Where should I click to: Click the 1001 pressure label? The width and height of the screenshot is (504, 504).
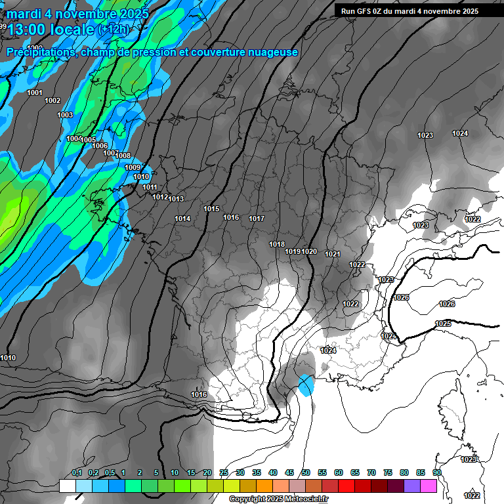tap(35, 93)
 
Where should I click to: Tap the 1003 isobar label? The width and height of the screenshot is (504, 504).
tap(65, 115)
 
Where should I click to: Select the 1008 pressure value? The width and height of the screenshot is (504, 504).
tap(123, 156)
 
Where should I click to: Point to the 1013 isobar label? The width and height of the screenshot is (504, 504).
tap(176, 199)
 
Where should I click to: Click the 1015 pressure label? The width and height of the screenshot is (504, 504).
tap(211, 209)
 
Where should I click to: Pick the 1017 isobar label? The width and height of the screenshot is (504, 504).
tap(257, 219)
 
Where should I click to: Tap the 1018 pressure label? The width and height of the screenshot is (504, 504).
tap(277, 244)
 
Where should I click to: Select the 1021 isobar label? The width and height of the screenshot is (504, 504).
tap(333, 254)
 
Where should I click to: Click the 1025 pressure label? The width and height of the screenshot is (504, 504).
tap(443, 324)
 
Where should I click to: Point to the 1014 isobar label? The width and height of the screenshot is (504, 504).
tap(182, 219)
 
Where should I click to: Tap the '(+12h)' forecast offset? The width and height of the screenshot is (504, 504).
tap(113, 30)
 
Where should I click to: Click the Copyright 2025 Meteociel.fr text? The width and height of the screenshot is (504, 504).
tap(278, 499)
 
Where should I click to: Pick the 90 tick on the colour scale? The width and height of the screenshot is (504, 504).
tap(436, 472)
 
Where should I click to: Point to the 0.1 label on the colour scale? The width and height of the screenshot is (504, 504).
tap(76, 472)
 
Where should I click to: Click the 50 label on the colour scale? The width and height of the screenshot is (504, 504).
tap(306, 472)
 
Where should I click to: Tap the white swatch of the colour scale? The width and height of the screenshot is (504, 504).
tap(68, 486)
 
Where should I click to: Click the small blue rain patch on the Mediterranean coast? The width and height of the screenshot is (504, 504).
tap(306, 385)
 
